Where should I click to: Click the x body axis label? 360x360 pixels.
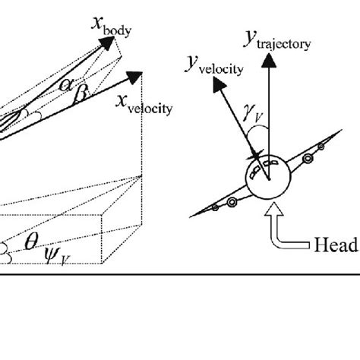110,28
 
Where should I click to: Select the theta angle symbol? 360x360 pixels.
31,242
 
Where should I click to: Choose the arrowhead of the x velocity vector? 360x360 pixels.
136,76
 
